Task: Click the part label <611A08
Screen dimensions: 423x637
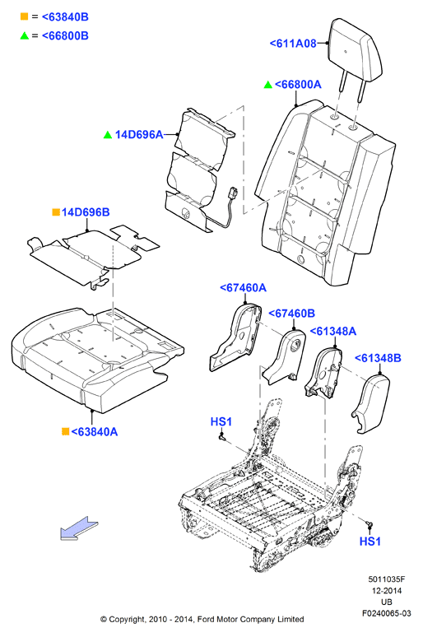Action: [293, 43]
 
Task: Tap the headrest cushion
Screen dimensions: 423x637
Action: [356, 51]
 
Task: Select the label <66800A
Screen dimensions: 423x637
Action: [298, 85]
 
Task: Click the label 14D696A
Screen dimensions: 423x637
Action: [139, 134]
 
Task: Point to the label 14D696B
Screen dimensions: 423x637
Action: [86, 212]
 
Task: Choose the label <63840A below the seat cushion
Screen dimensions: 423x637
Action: [95, 431]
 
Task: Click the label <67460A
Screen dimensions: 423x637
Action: [243, 287]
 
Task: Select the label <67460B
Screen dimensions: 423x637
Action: [292, 314]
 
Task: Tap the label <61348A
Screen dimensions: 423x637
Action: [333, 332]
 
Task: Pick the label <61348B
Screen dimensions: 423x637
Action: [378, 358]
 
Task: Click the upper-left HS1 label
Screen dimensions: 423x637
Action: [221, 421]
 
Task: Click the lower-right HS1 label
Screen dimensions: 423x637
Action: [370, 542]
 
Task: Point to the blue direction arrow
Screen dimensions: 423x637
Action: [79, 528]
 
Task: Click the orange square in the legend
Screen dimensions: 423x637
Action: [25, 16]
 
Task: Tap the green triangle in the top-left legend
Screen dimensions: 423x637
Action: [25, 35]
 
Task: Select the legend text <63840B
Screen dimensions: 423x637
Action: [65, 17]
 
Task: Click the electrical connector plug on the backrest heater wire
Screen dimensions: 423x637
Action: [233, 192]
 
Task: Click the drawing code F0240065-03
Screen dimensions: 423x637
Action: [387, 613]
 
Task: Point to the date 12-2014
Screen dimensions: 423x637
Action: [387, 591]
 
